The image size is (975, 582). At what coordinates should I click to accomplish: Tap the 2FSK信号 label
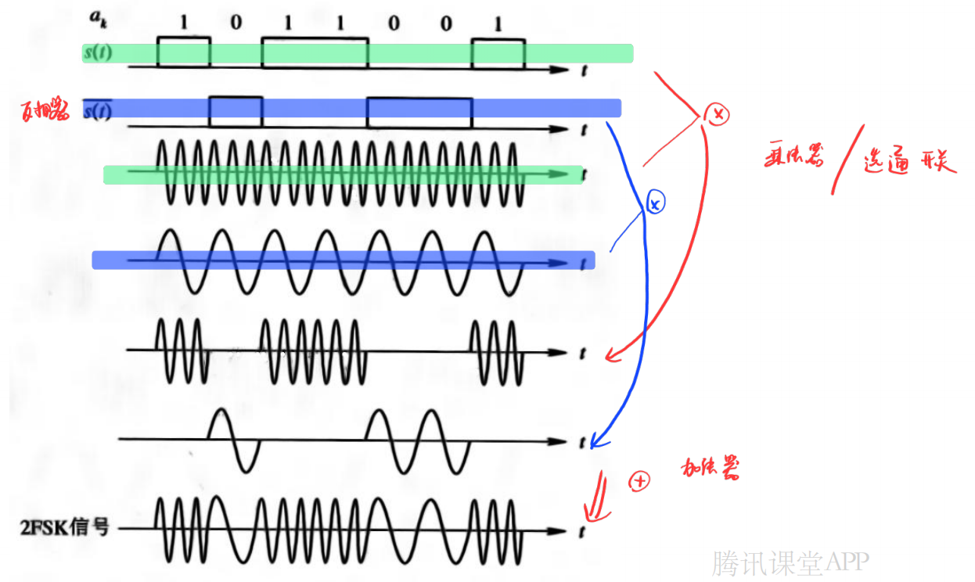pyautogui.click(x=64, y=528)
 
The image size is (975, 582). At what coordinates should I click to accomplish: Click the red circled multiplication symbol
pyautogui.click(x=717, y=114)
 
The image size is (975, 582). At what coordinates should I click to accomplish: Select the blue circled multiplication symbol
pyautogui.click(x=656, y=203)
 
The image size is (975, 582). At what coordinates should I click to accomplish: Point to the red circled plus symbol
pyautogui.click(x=639, y=481)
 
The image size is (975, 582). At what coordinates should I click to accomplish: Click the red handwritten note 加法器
pyautogui.click(x=711, y=469)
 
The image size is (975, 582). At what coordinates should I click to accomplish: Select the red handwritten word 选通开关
pyautogui.click(x=909, y=161)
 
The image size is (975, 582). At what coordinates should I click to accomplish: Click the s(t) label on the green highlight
pyautogui.click(x=97, y=53)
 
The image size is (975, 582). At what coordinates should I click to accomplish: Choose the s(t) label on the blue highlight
pyautogui.click(x=97, y=111)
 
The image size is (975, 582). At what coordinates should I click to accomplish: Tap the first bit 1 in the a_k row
pyautogui.click(x=184, y=24)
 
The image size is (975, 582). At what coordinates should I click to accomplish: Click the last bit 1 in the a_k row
pyautogui.click(x=498, y=24)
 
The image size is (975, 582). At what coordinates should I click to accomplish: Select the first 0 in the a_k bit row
pyautogui.click(x=236, y=24)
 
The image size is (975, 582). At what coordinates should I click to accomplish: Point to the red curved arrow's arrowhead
pyautogui.click(x=611, y=356)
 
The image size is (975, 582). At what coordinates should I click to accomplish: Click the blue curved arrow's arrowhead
pyautogui.click(x=594, y=443)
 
